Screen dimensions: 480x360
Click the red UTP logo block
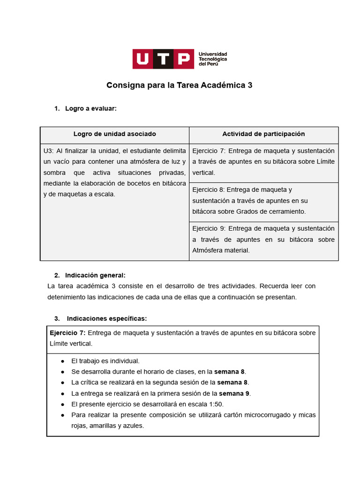[163, 59]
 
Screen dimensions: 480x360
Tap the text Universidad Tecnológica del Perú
[213, 59]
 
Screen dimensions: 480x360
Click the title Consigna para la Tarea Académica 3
[180, 85]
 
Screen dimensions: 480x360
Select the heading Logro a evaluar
[90, 109]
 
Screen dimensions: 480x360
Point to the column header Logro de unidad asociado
[115, 134]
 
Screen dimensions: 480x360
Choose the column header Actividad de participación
[263, 134]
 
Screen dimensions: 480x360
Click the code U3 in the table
[48, 151]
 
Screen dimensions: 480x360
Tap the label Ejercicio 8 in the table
[209, 190]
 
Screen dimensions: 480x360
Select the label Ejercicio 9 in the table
[209, 229]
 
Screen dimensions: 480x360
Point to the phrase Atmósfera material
[221, 250]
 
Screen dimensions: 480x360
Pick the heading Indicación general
[95, 276]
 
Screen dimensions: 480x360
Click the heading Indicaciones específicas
[107, 319]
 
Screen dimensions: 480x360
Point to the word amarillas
[102, 426]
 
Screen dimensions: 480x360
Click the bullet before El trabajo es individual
[62, 361]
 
